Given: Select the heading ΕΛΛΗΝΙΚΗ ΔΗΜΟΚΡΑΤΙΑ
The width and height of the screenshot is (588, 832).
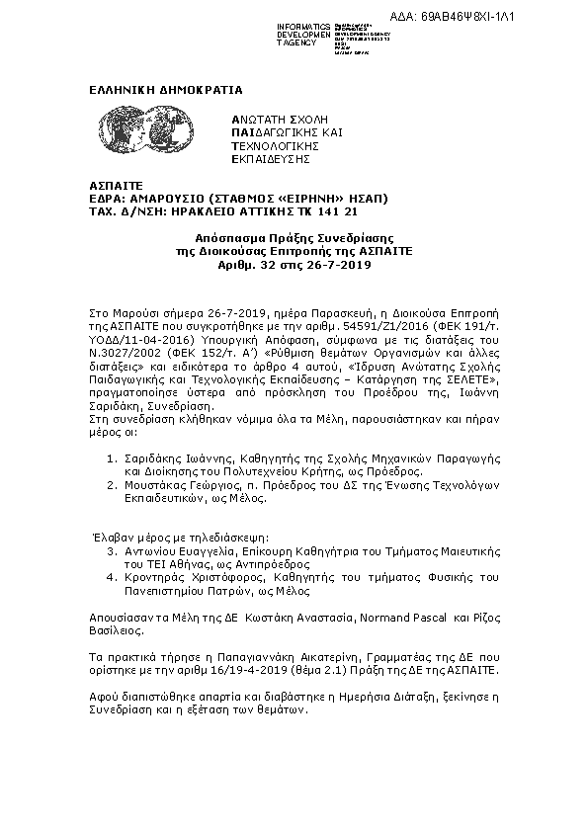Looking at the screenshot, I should [164, 90].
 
